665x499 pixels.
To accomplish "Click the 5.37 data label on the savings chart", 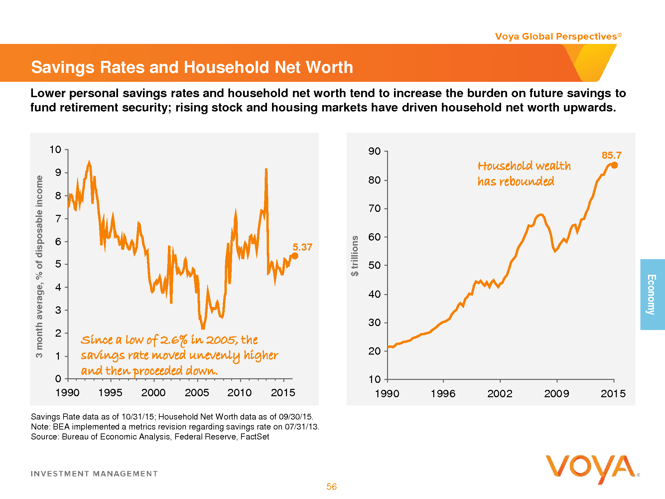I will point(302,247).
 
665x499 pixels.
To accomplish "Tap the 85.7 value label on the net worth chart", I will point(611,155).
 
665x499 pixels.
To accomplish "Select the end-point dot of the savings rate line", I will point(295,256).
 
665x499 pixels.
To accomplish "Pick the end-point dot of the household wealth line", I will point(614,165).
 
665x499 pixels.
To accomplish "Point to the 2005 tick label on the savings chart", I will point(197,393).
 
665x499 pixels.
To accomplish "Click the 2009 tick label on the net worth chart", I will point(557,394).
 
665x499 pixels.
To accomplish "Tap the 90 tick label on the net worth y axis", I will point(374,151).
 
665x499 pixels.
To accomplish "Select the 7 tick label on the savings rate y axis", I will point(58,219).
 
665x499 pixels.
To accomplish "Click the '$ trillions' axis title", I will point(355,256).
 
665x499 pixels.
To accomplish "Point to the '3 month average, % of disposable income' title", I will point(39,266).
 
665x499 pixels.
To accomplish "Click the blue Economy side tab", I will point(652,294).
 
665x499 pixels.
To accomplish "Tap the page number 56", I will point(332,487).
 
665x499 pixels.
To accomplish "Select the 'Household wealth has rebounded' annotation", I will point(524,174).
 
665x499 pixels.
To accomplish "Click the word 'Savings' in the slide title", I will point(63,67).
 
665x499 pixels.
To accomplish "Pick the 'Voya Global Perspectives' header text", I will point(556,36).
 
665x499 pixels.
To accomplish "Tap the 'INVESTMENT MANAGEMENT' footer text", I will point(94,474).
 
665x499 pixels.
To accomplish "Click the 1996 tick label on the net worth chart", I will point(443,394).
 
